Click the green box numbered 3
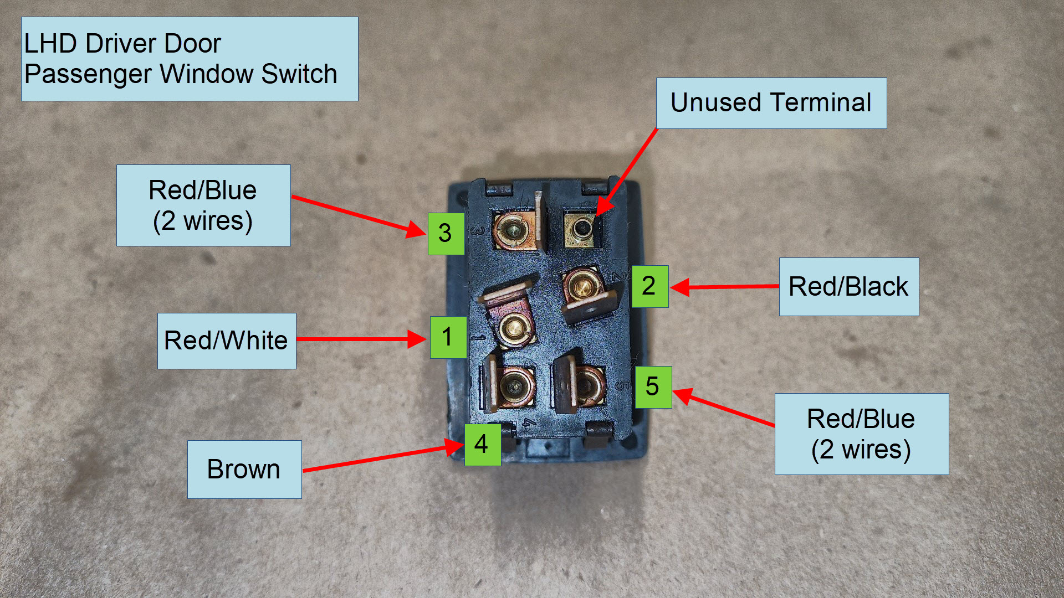pyautogui.click(x=446, y=234)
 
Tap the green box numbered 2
pyautogui.click(x=649, y=286)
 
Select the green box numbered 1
pyautogui.click(x=448, y=337)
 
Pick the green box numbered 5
pyautogui.click(x=653, y=387)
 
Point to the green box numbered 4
pyautogui.click(x=482, y=445)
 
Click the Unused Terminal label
pyautogui.click(x=771, y=104)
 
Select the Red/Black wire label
pyautogui.click(x=848, y=287)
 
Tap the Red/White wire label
pyautogui.click(x=226, y=341)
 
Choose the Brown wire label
pyautogui.click(x=244, y=470)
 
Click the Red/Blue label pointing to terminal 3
pyautogui.click(x=203, y=205)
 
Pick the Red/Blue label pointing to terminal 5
pyautogui.click(x=861, y=434)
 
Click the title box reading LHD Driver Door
pyautogui.click(x=189, y=59)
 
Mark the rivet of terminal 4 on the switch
pyautogui.click(x=515, y=384)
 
